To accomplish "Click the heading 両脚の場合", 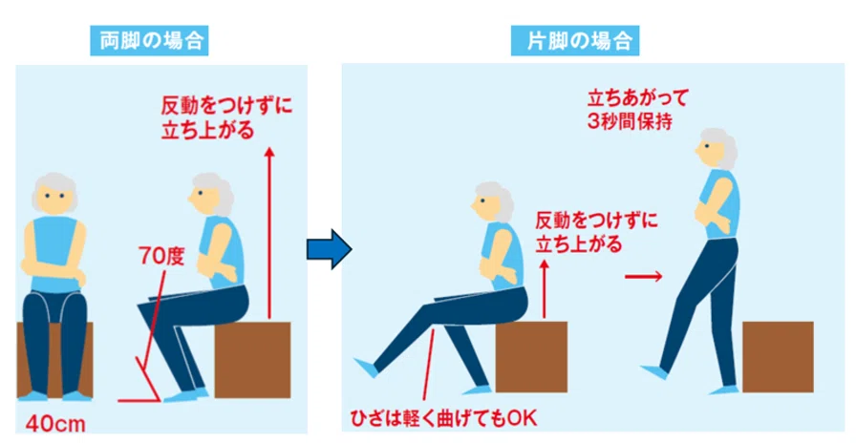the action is click(149, 41).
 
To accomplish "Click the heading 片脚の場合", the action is click(575, 41).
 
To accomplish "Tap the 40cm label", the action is click(55, 424).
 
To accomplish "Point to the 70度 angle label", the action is click(161, 255).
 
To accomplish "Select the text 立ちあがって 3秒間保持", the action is click(637, 110).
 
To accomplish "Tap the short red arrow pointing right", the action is click(644, 277).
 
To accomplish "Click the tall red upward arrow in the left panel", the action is click(268, 232).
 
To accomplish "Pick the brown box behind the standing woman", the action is click(778, 357).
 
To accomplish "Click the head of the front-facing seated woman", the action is click(54, 193).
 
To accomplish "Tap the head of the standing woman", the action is click(717, 148).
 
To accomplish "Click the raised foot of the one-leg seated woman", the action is click(366, 368).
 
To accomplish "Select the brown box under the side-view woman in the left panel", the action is click(252, 360).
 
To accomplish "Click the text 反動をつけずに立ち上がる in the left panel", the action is click(226, 117).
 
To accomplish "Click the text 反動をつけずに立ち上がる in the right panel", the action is click(596, 232).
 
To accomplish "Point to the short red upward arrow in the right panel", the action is click(544, 289).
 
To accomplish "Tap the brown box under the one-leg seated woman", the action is click(531, 357).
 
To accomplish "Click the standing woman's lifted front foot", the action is click(654, 371).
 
